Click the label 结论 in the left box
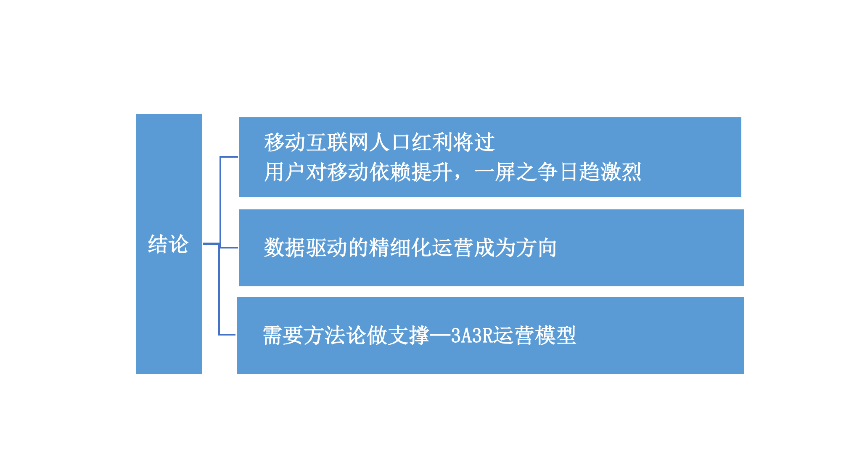168,244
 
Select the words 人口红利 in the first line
411,142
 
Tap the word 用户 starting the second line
285,172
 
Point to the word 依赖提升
411,172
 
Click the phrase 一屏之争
516,172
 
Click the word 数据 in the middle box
285,248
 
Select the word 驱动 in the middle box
327,248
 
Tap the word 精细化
400,248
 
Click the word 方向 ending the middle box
537,248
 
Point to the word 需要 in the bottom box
283,336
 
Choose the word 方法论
335,336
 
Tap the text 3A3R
471,336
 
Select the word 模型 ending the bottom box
555,336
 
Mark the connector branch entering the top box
229,157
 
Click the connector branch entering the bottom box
227,335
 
